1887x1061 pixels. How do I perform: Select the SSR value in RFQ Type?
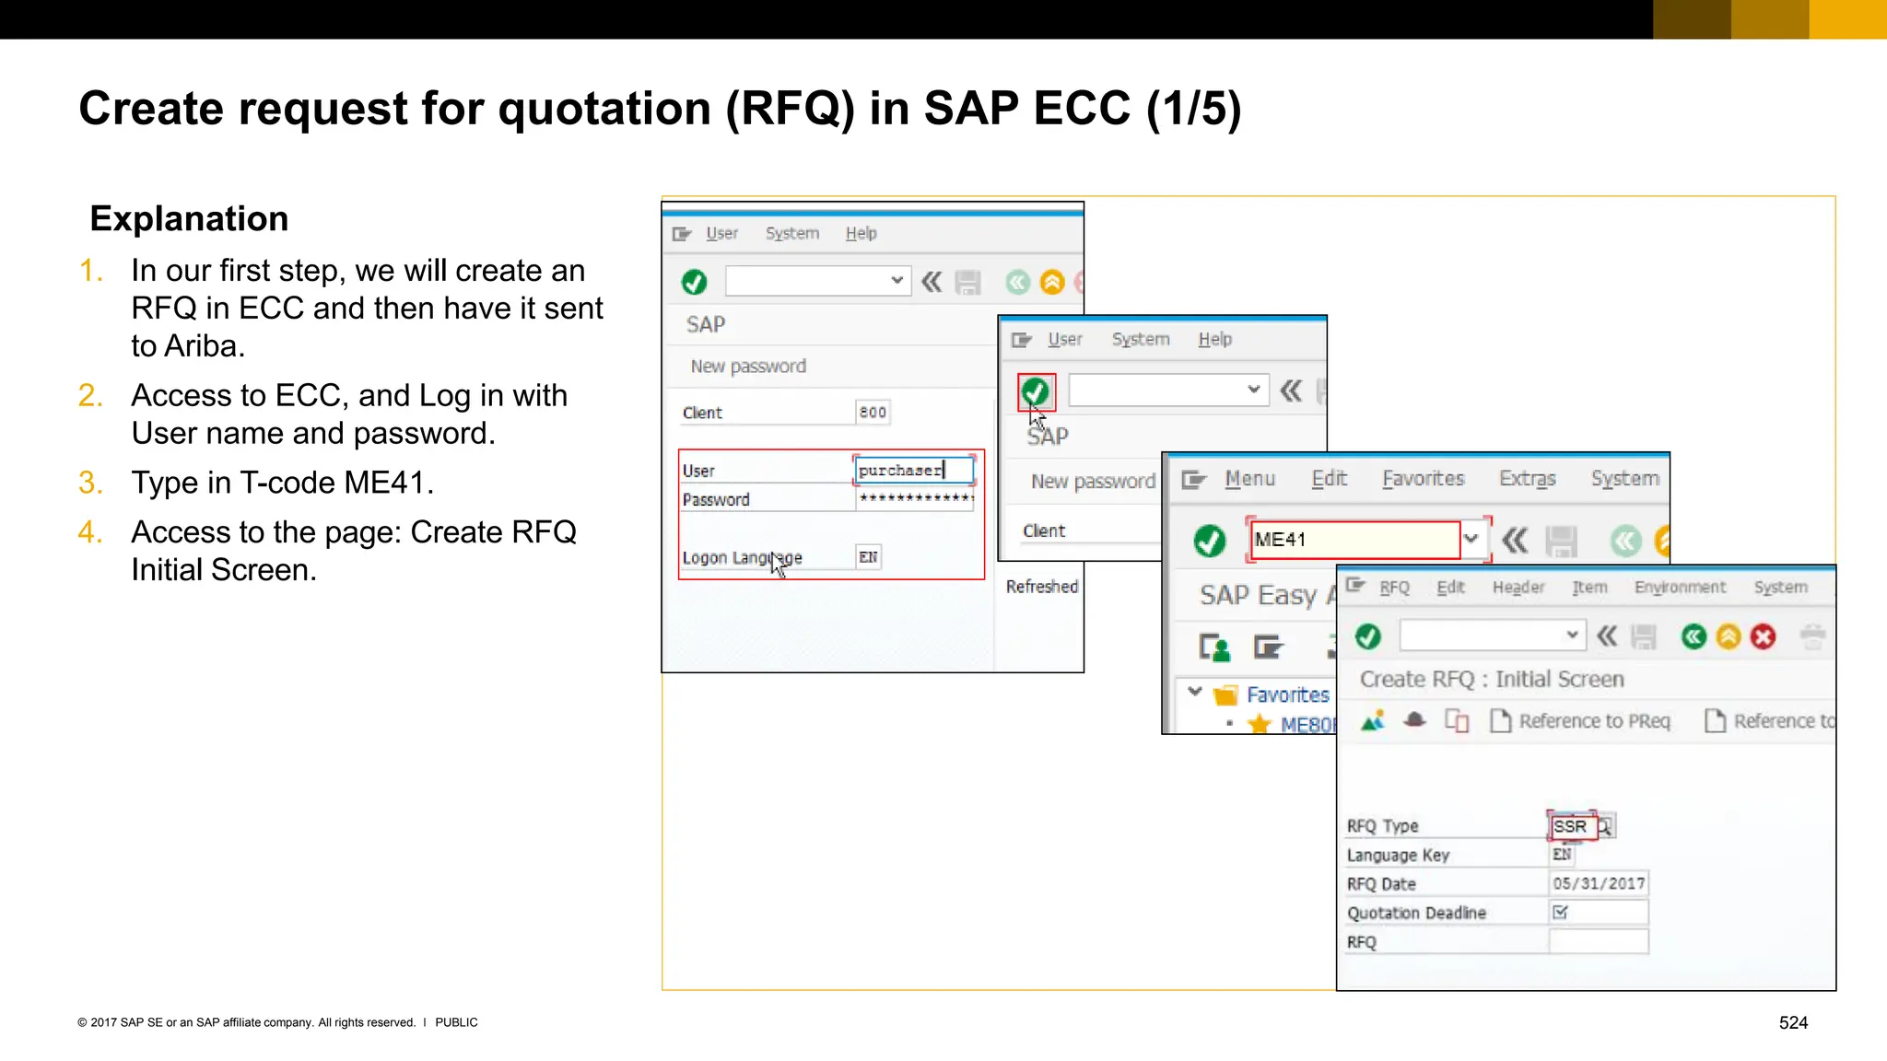pyautogui.click(x=1571, y=826)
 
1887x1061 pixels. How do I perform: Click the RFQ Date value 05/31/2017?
pyautogui.click(x=1599, y=883)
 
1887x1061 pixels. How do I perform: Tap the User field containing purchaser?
pyautogui.click(x=912, y=470)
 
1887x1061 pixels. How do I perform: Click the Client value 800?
pyautogui.click(x=873, y=412)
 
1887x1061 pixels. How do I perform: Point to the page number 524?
pyautogui.click(x=1793, y=1022)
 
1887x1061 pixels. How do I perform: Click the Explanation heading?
pyautogui.click(x=189, y=219)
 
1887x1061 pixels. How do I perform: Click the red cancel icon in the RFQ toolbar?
pyautogui.click(x=1763, y=636)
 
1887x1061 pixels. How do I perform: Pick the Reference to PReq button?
pyautogui.click(x=1581, y=721)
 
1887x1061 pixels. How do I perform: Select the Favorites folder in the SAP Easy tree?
pyautogui.click(x=1286, y=694)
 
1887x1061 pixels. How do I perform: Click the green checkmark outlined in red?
pyautogui.click(x=1036, y=391)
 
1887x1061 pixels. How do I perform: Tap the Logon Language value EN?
pyautogui.click(x=868, y=557)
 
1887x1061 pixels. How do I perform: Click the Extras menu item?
pyautogui.click(x=1527, y=479)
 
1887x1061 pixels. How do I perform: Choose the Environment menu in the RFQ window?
pyautogui.click(x=1680, y=588)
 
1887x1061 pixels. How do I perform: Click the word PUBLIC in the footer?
pyautogui.click(x=456, y=1022)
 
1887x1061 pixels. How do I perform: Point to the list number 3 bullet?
pyautogui.click(x=89, y=483)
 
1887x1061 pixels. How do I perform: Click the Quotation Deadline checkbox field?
pyautogui.click(x=1561, y=913)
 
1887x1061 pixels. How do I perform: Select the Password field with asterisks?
pyautogui.click(x=915, y=498)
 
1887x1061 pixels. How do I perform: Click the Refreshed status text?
pyautogui.click(x=1041, y=587)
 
